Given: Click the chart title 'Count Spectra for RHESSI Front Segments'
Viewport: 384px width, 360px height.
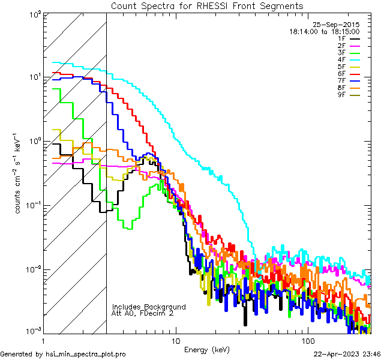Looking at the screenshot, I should [207, 5].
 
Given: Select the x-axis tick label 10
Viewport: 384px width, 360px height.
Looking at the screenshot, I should [176, 340].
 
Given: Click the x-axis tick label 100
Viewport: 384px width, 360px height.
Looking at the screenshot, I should [308, 340].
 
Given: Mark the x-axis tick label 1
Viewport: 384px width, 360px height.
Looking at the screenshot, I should [44, 340].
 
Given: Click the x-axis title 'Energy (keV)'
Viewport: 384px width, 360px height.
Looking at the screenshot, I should [207, 349].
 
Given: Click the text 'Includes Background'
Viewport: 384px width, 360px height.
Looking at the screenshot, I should [149, 307].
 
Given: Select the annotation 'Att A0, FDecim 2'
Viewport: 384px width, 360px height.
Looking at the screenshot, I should [143, 313].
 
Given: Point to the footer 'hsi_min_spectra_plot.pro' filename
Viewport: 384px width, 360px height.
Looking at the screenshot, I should [86, 354].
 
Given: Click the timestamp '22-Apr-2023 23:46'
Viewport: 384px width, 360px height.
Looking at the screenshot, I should [347, 354].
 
